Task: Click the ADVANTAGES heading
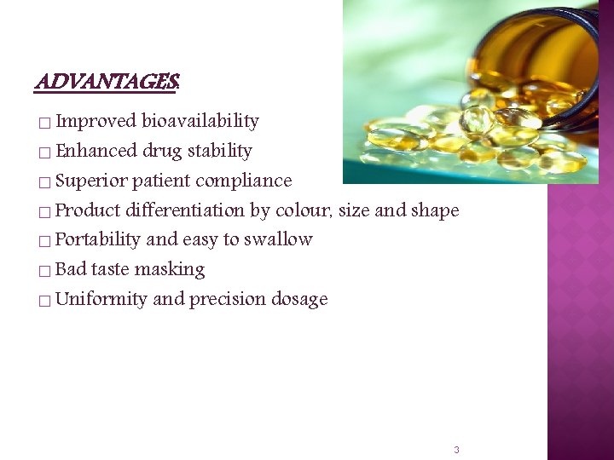pyautogui.click(x=107, y=83)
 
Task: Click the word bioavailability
pyautogui.click(x=200, y=121)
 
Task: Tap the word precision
pyautogui.click(x=227, y=299)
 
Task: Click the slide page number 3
pyautogui.click(x=456, y=449)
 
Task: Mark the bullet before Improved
pyautogui.click(x=43, y=124)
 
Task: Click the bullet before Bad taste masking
pyautogui.click(x=43, y=272)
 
